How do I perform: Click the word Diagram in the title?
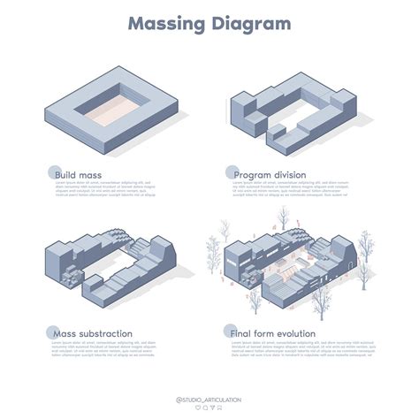tap(250, 24)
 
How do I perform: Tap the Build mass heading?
tap(78, 175)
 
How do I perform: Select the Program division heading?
tap(270, 175)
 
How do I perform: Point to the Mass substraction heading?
tap(93, 335)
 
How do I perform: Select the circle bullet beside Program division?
tap(231, 172)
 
